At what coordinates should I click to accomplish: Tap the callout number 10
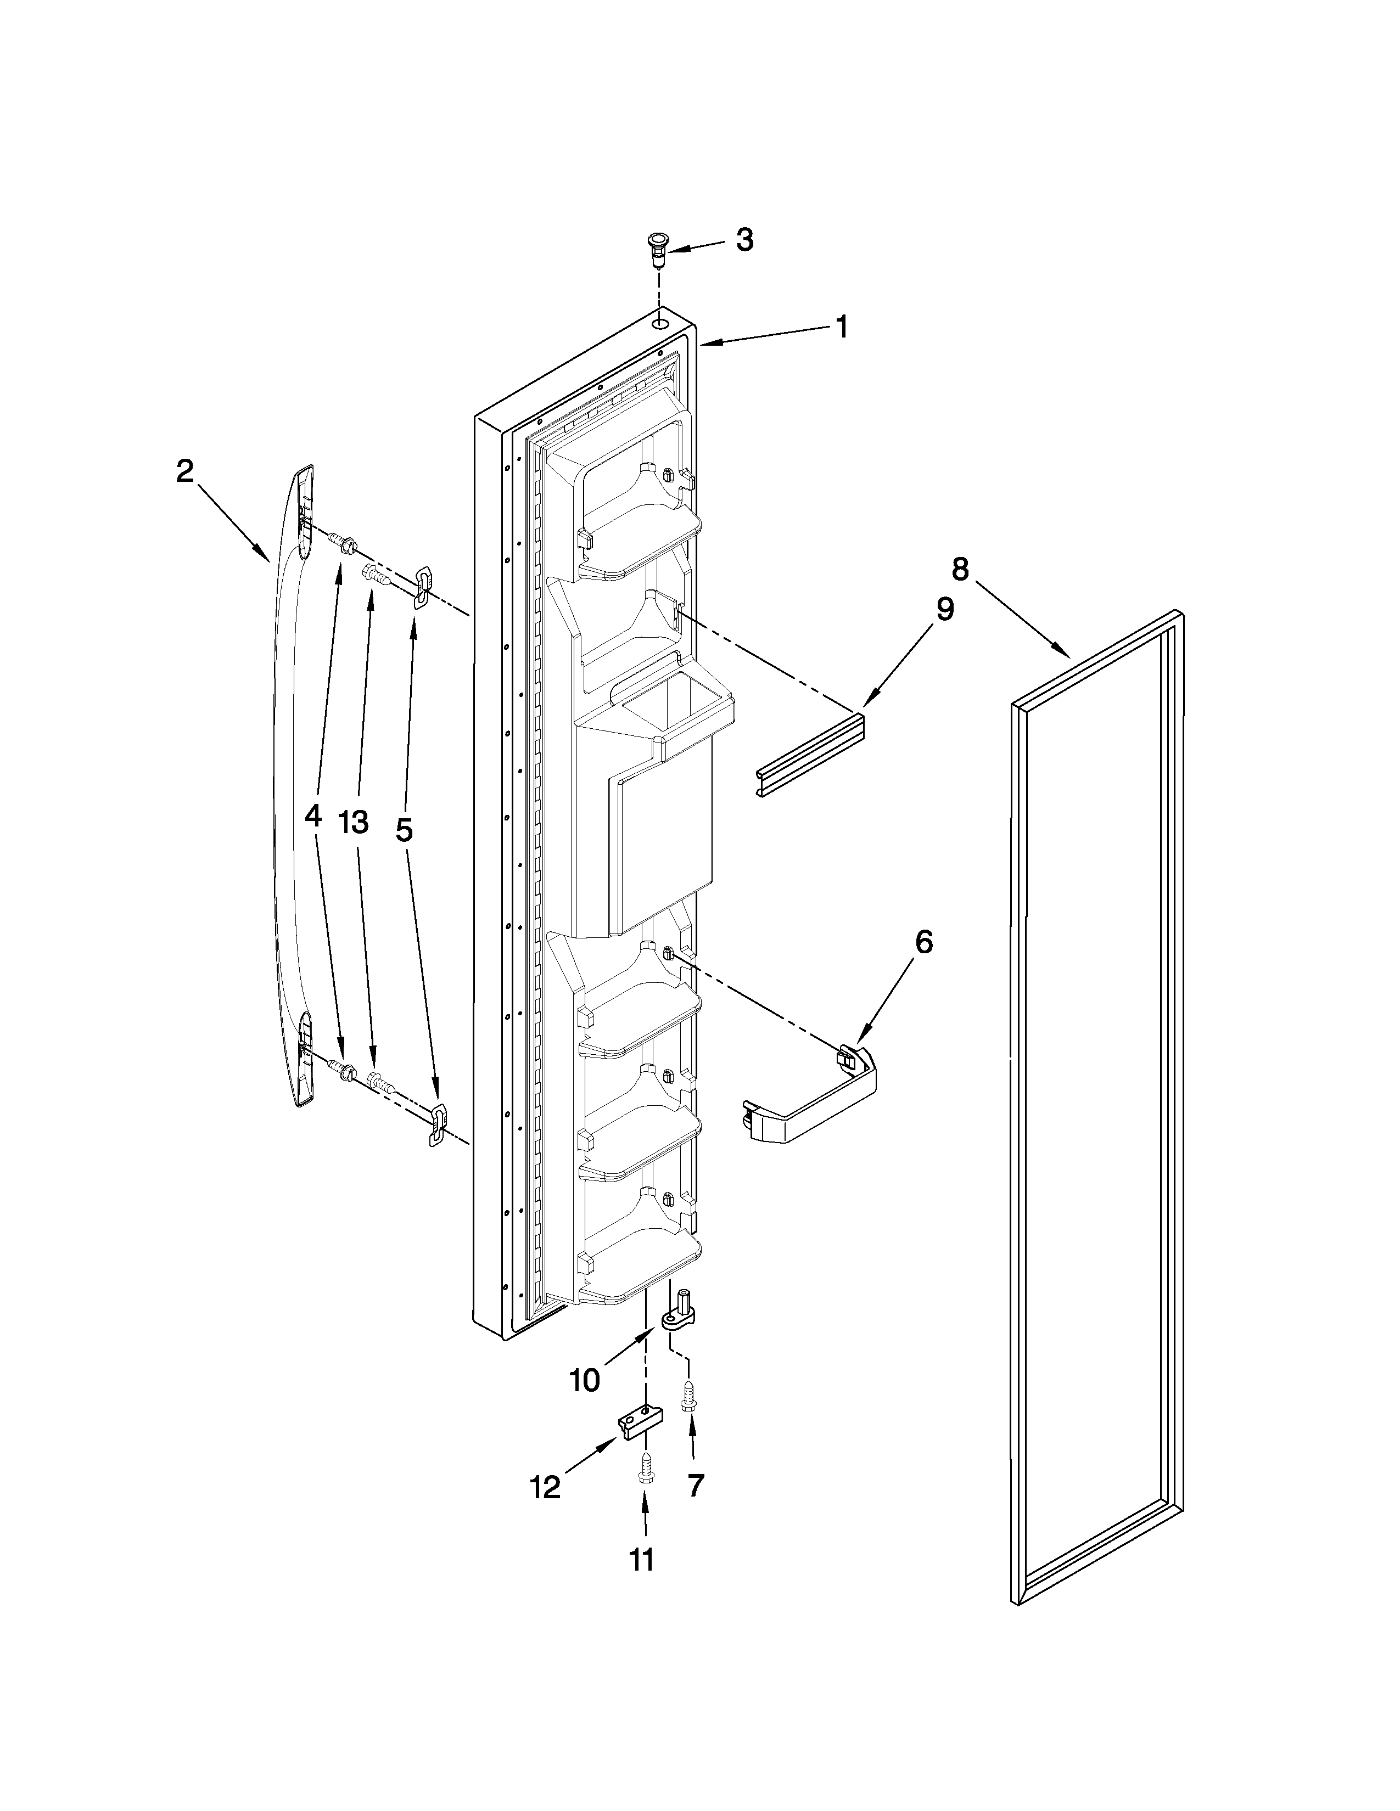pyautogui.click(x=584, y=1381)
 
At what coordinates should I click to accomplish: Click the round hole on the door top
pyautogui.click(x=659, y=320)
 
